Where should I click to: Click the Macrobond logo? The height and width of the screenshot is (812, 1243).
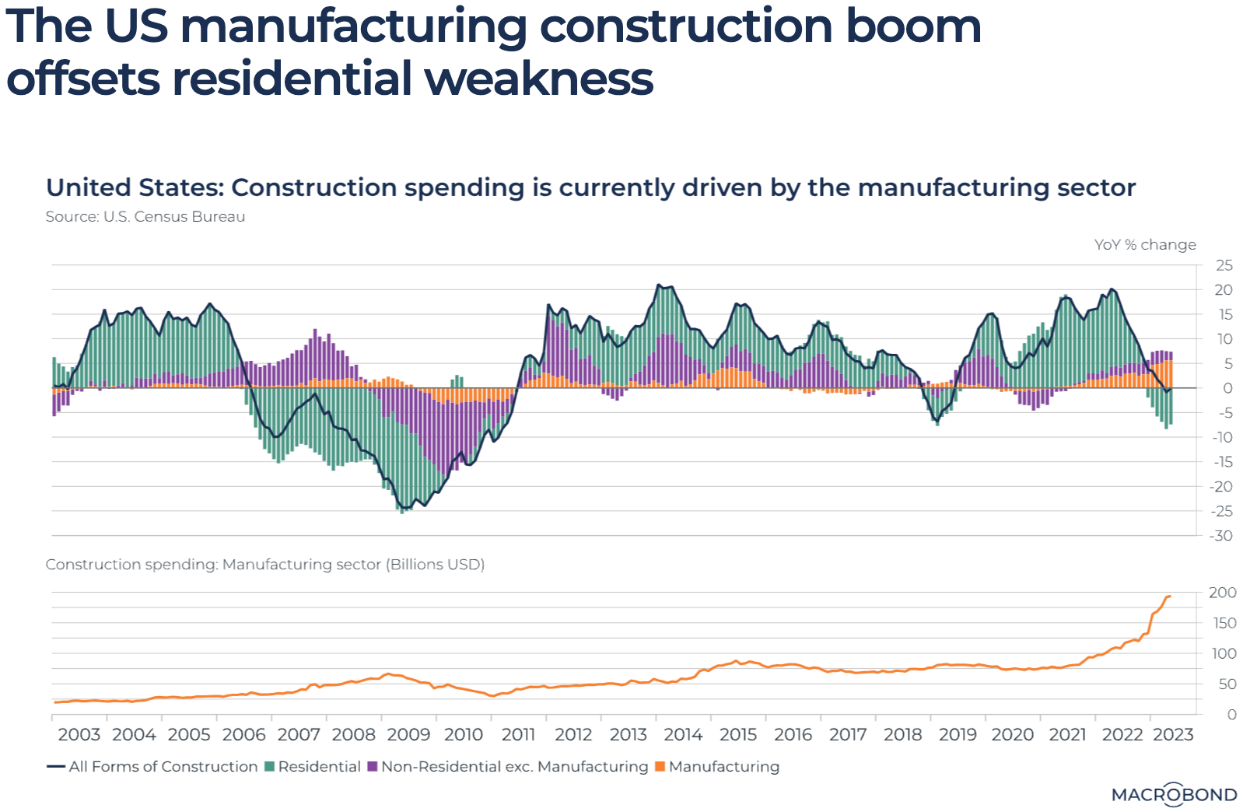point(1173,794)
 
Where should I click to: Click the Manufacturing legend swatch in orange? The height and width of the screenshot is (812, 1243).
point(660,766)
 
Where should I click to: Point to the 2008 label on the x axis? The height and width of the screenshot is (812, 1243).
point(354,734)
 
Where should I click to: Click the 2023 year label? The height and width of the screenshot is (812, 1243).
point(1173,734)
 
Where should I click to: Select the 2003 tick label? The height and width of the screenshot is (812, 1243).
point(79,734)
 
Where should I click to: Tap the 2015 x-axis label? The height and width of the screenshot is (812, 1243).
point(738,734)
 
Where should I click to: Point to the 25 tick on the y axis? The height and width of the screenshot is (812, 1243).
point(1224,265)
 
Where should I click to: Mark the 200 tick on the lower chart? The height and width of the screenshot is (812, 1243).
point(1222,593)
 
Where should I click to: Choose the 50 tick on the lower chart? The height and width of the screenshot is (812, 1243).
point(1227,684)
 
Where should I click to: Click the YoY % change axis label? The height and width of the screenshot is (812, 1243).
point(1145,244)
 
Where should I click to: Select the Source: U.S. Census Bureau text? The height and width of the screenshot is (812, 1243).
point(145,216)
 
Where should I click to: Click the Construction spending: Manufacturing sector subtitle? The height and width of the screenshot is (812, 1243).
point(264,564)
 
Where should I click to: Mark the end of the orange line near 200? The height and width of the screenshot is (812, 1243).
point(1170,597)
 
